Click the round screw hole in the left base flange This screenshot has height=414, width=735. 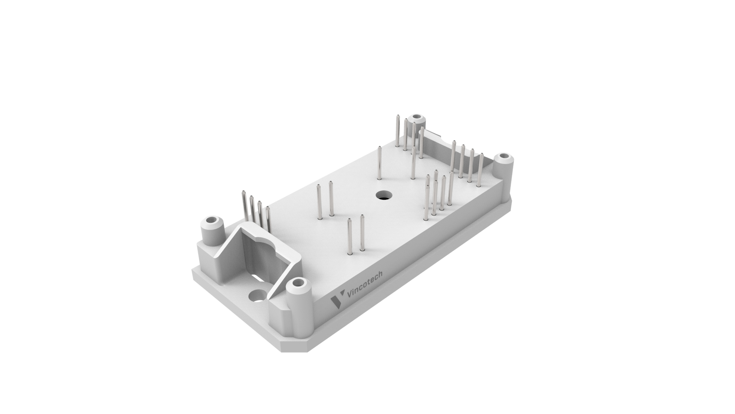tap(257, 296)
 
